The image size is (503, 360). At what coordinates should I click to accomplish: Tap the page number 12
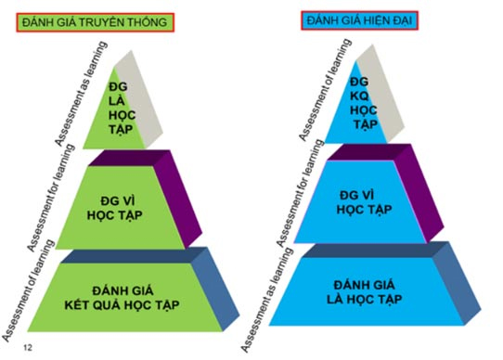coord(30,347)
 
